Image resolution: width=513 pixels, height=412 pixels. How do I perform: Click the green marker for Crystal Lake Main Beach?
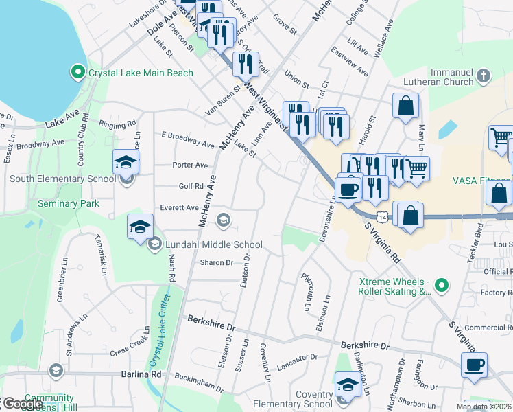point(77,72)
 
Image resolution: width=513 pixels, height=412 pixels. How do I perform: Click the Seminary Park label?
point(69,203)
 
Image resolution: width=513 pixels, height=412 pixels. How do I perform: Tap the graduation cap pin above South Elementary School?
point(126,163)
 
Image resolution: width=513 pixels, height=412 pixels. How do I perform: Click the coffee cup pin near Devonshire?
point(348,189)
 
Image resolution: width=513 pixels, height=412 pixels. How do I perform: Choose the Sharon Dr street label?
point(217,262)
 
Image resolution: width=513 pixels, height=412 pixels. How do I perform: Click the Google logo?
point(22,404)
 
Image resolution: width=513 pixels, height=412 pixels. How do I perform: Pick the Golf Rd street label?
point(191,186)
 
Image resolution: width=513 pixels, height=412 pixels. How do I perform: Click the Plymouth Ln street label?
point(306,291)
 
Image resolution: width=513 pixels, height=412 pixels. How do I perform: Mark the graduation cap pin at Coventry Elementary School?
point(348,385)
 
